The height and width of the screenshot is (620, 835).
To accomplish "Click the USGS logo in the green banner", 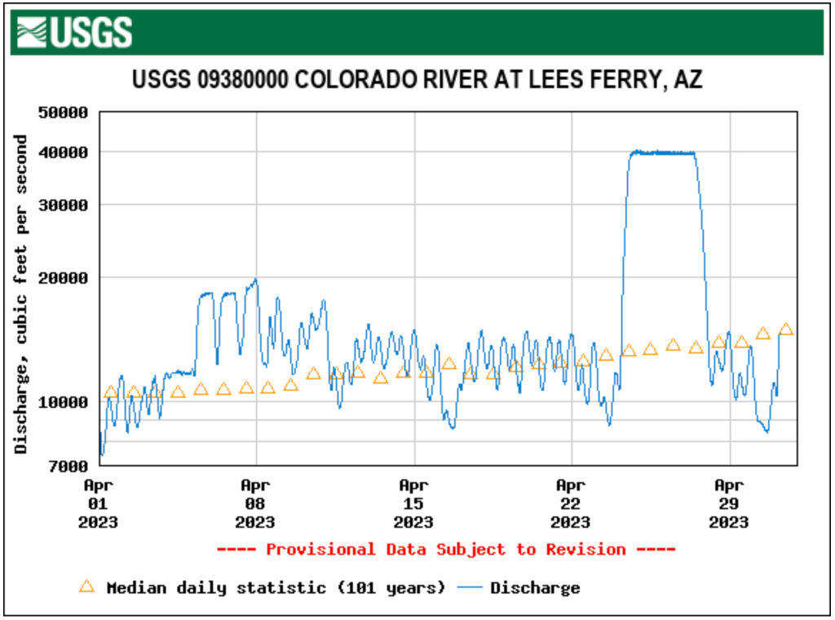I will [73, 33].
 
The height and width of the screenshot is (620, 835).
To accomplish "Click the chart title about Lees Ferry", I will [417, 80].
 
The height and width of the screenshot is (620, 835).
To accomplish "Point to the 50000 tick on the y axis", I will [64, 113].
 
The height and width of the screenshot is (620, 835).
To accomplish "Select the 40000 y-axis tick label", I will [64, 153].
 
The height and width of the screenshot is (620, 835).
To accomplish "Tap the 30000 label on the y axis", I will [64, 205].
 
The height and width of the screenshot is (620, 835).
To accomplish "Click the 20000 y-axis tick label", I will [64, 277].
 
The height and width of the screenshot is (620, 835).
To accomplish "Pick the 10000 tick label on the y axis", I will [64, 401].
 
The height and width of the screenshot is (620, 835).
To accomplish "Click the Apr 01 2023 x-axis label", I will [99, 503].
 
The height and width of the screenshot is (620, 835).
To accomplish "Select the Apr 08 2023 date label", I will [256, 503].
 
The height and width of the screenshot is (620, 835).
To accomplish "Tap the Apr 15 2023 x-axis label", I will [413, 503].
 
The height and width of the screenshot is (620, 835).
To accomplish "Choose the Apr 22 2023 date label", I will [571, 503].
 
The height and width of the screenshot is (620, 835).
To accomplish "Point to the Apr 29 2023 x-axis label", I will [728, 503].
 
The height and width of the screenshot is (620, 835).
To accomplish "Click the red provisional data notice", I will [446, 550].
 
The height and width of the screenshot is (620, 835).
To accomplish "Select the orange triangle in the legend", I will [86, 587].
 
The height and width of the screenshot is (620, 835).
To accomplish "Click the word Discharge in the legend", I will [535, 587].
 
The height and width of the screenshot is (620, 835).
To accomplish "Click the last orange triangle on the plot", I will [786, 329].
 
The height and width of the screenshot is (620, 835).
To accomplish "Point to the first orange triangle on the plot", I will [111, 392].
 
